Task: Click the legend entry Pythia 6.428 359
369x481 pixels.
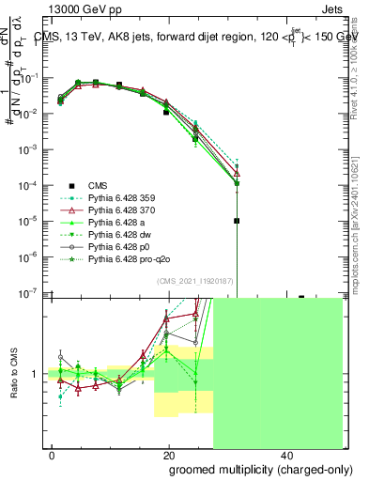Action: pos(119,198)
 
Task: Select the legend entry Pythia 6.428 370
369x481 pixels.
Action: pos(119,212)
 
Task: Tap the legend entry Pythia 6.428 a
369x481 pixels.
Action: pos(115,226)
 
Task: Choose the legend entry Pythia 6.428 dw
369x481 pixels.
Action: pos(117,240)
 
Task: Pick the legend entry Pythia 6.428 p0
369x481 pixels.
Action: pos(117,255)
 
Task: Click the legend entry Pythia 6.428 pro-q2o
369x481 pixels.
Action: pos(126,269)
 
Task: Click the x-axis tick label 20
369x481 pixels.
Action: pos(168,454)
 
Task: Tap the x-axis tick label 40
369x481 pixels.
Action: pos(284,454)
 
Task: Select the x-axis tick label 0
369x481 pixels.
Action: pos(53,454)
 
